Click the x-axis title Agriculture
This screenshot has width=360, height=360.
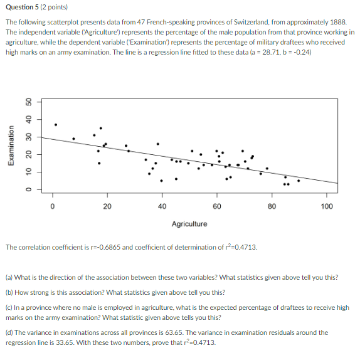click(189, 223)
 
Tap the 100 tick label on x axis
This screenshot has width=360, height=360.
click(327, 206)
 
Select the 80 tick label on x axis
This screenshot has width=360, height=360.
click(272, 206)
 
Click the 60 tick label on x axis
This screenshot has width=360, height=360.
click(217, 206)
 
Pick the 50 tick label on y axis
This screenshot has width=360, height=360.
click(28, 102)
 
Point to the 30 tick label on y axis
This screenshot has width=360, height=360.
click(28, 137)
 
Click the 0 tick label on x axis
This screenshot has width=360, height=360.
click(53, 206)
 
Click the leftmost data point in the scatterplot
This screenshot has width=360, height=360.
click(55, 124)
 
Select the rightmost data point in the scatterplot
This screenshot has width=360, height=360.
click(299, 181)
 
